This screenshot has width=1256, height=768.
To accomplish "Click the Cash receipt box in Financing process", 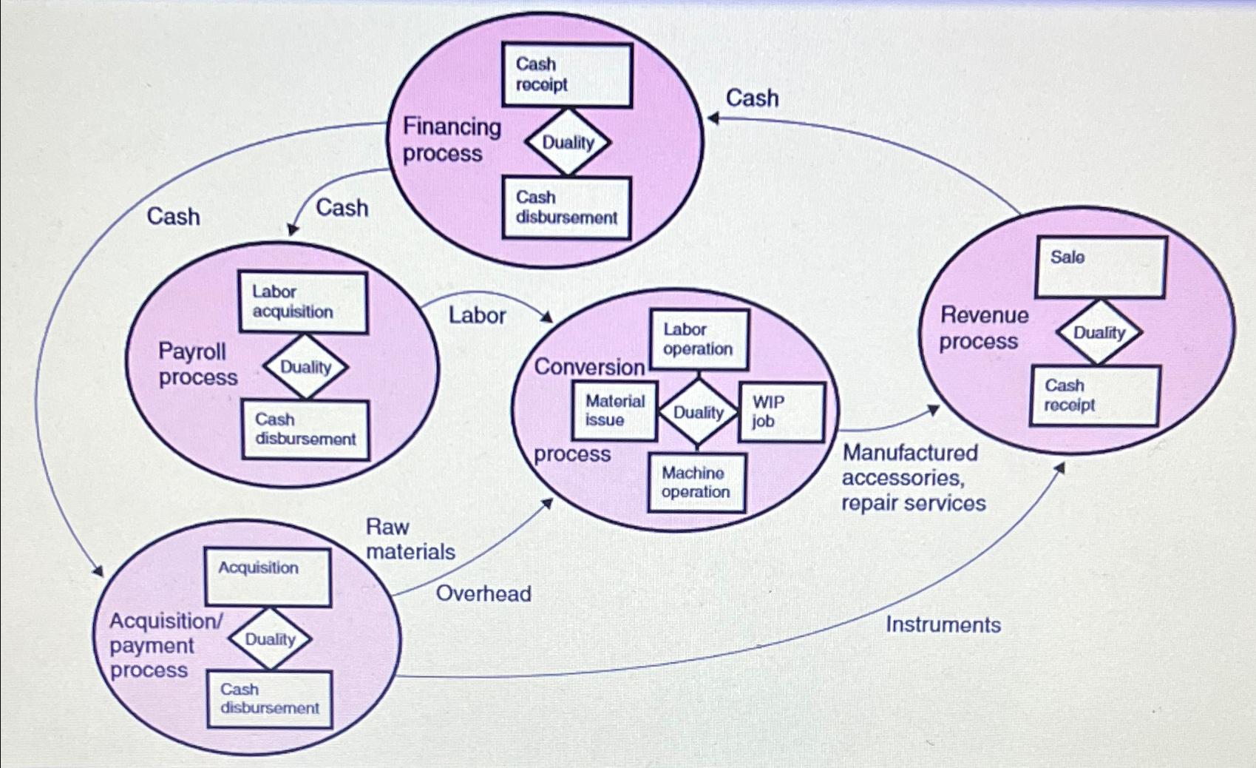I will [x=566, y=75].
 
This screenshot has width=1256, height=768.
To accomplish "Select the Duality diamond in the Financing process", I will [x=568, y=142].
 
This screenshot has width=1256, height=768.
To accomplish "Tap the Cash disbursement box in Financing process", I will [x=566, y=207].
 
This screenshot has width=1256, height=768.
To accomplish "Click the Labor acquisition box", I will [x=302, y=302].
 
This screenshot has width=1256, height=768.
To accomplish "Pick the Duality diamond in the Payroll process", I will [x=305, y=367].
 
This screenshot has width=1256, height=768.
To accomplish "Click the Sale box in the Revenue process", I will [x=1100, y=267].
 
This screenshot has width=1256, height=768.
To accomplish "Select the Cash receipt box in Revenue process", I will [x=1095, y=396].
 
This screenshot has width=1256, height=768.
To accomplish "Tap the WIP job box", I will [x=781, y=412].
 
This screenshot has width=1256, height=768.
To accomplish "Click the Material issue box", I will [x=614, y=411].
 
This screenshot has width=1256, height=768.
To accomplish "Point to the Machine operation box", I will [x=696, y=482].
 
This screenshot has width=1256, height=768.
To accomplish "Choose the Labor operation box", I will [x=699, y=340].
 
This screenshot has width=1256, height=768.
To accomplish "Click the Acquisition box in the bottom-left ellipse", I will [x=267, y=577].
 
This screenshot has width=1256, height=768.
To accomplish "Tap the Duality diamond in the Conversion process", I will [x=698, y=412].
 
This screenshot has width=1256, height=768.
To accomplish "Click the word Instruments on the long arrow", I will [x=943, y=625].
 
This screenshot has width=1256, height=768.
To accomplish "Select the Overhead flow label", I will [x=483, y=593].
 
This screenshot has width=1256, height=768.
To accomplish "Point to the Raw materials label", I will [x=410, y=539].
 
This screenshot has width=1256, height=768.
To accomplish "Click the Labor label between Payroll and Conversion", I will [x=477, y=315].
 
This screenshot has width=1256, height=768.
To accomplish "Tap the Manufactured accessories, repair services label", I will [x=914, y=478].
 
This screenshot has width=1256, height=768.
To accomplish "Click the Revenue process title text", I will [x=983, y=329].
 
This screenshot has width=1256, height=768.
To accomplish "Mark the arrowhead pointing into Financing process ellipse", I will [x=713, y=118].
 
